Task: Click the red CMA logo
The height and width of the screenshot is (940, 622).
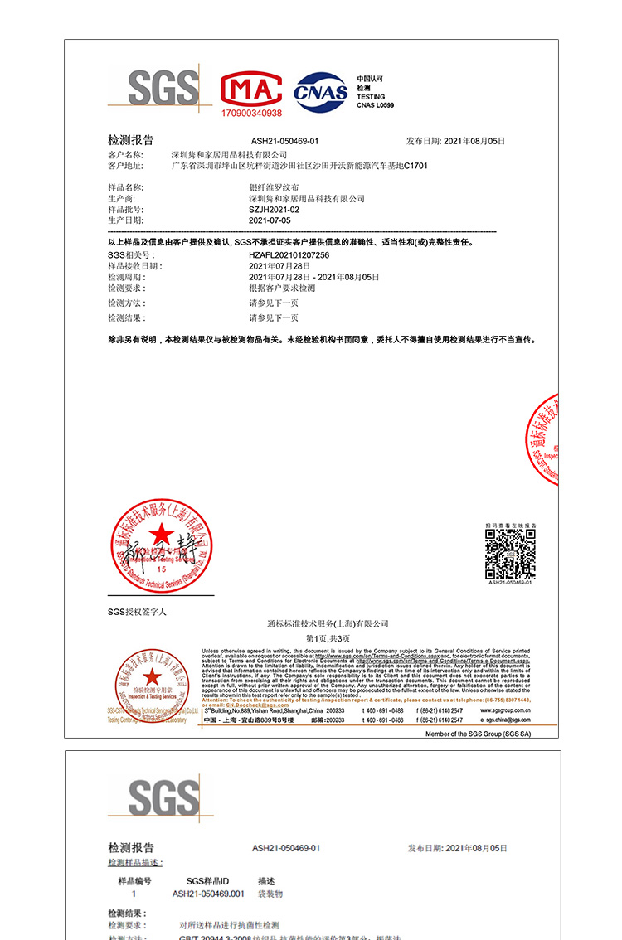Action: coord(251,89)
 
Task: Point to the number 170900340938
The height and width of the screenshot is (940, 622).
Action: coord(251,112)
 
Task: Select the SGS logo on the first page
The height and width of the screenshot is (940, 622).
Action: coord(164,88)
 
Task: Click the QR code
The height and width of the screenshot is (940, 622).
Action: coord(509,555)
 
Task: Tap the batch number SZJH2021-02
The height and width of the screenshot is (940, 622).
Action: coord(274,211)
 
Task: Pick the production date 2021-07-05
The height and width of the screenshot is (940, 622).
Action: coord(270,221)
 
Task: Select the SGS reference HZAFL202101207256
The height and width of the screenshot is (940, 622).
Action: coord(289,255)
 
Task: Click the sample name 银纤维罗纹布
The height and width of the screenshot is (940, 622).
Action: coord(274,189)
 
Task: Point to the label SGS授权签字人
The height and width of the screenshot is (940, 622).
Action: coord(137,612)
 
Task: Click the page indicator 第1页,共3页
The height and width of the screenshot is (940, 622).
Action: coord(328,638)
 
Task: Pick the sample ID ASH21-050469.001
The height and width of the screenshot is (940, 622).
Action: coord(208,894)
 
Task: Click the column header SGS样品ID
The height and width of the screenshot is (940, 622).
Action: coord(207,881)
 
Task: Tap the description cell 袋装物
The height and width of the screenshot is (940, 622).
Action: coord(270,894)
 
